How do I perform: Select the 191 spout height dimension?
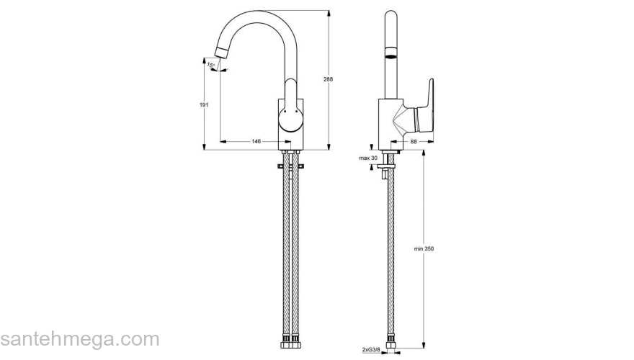pyautogui.click(x=204, y=105)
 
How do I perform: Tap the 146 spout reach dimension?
pyautogui.click(x=256, y=141)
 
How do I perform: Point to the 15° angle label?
pyautogui.click(x=211, y=65)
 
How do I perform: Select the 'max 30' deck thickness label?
pyautogui.click(x=369, y=158)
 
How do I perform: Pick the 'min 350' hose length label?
pyautogui.click(x=424, y=248)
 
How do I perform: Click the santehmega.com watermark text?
pyautogui.click(x=79, y=339)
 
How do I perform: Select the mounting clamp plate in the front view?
pyautogui.click(x=291, y=167)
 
